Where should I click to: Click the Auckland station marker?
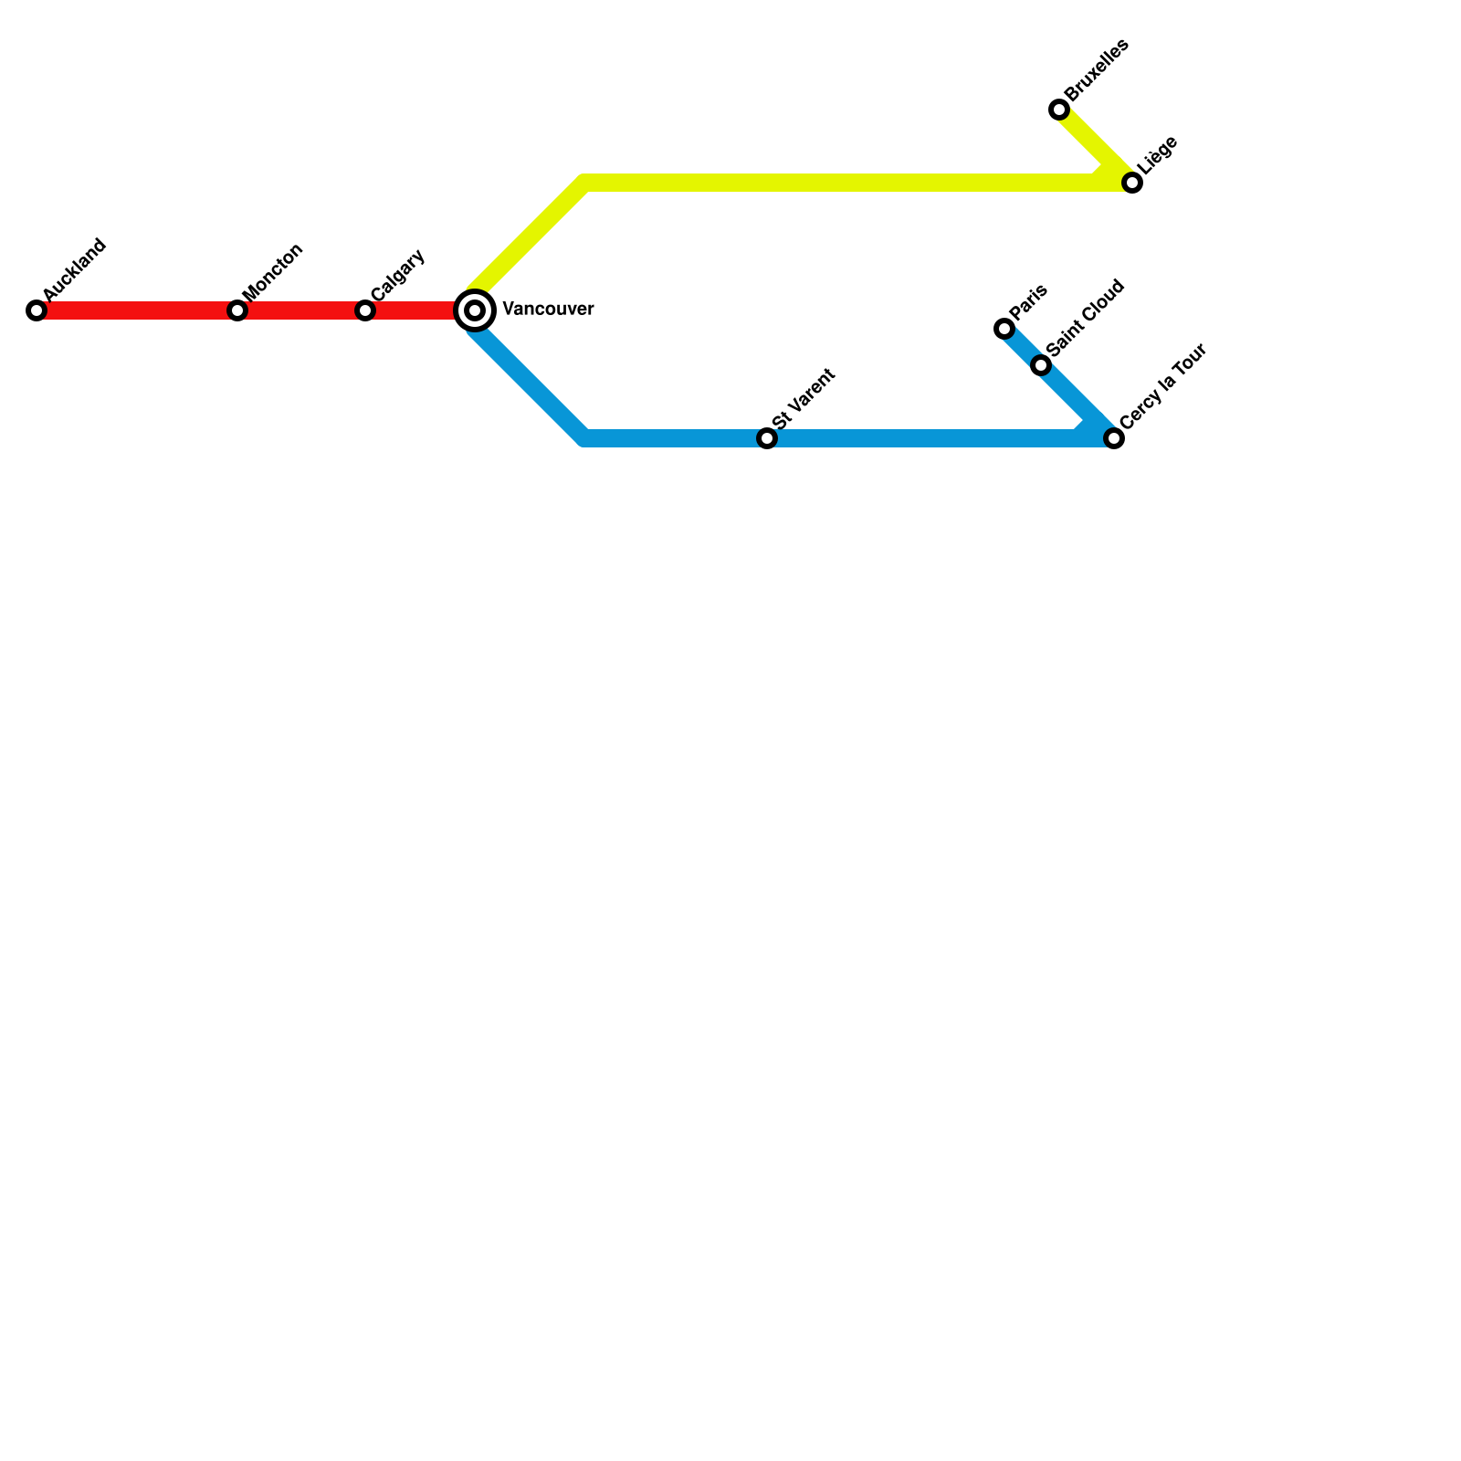click(37, 310)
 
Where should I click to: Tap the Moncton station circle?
click(237, 310)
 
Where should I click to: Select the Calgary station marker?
click(365, 310)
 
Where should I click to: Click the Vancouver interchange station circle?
click(475, 310)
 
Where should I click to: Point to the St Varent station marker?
click(767, 438)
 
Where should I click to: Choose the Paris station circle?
click(1004, 329)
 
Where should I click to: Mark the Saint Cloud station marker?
click(1041, 365)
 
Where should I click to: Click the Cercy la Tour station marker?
click(1114, 438)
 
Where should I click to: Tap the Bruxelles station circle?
click(1059, 110)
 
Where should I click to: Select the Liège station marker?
click(1132, 183)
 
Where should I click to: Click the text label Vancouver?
click(548, 310)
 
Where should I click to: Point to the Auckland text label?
click(75, 270)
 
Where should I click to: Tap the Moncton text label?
click(273, 271)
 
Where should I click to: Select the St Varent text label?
click(804, 398)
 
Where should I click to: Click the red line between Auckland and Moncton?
click(137, 310)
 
